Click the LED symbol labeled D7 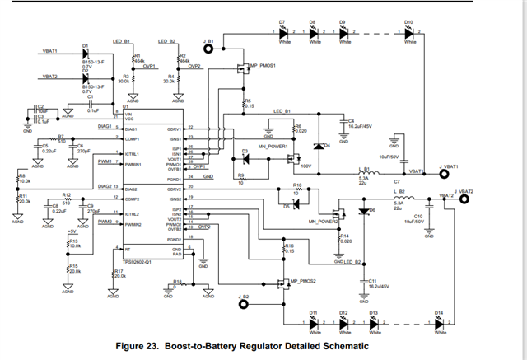282,34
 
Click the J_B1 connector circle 209,49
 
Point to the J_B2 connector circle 243,304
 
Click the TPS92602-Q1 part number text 139,260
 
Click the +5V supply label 72,231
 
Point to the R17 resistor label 118,270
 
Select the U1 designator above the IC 125,107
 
